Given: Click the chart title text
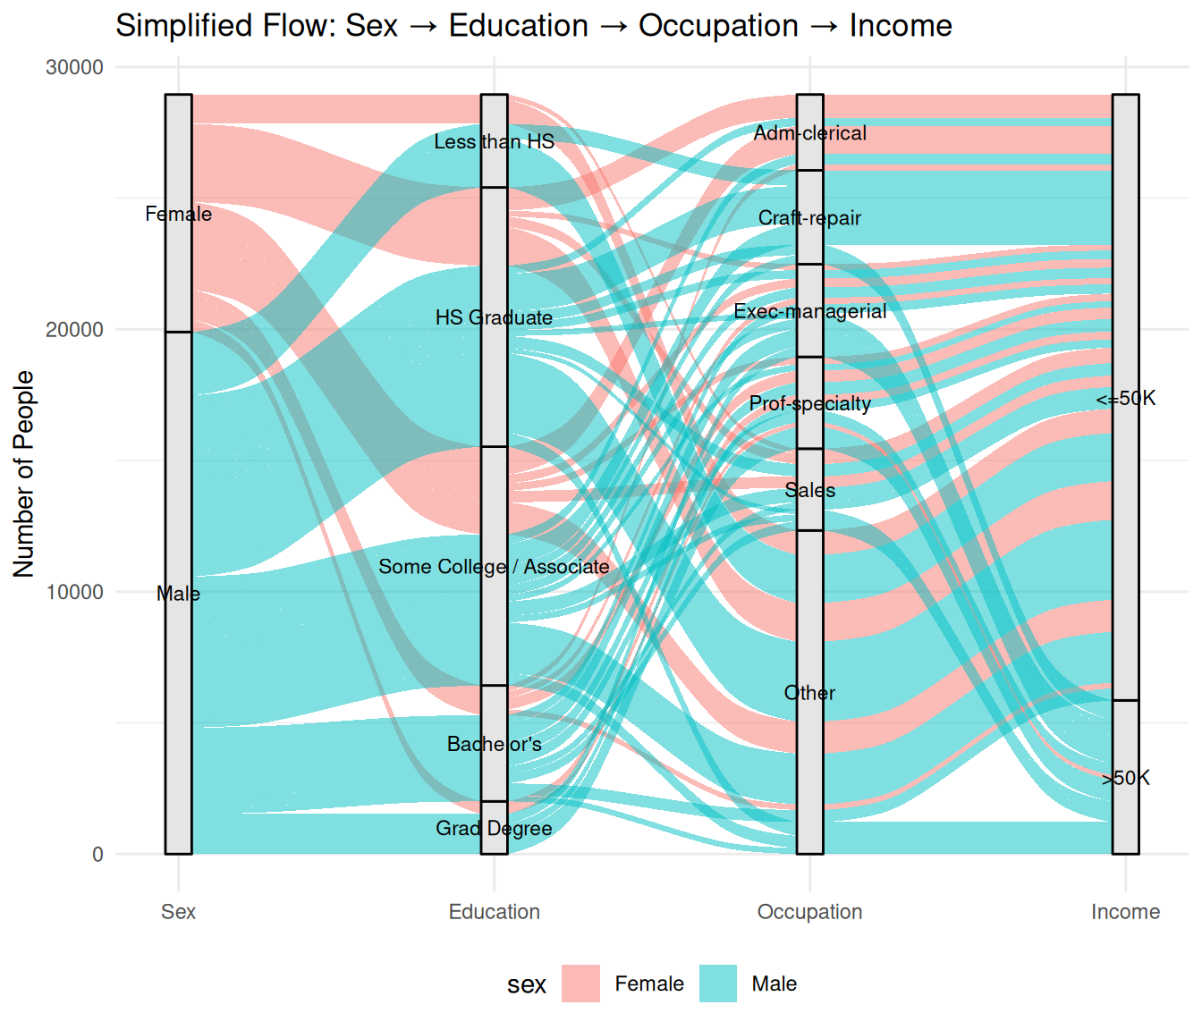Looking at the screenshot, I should pyautogui.click(x=533, y=26).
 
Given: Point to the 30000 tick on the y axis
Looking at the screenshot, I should pyautogui.click(x=75, y=68).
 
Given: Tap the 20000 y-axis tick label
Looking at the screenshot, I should pyautogui.click(x=75, y=330).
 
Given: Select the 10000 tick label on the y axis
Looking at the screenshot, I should pyautogui.click(x=75, y=592).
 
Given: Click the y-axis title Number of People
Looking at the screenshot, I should pyautogui.click(x=24, y=474).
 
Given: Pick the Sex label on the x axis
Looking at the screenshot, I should pyautogui.click(x=178, y=912).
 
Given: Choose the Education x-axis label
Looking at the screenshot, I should pyautogui.click(x=494, y=912).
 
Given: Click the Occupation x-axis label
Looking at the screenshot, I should pyautogui.click(x=809, y=912).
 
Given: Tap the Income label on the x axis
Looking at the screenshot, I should pyautogui.click(x=1125, y=912).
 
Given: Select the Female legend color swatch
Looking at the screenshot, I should pyautogui.click(x=580, y=984).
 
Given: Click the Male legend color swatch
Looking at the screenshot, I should pyautogui.click(x=718, y=984).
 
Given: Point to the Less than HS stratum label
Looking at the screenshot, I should pyautogui.click(x=494, y=141).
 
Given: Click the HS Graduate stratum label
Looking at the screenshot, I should pyautogui.click(x=494, y=317).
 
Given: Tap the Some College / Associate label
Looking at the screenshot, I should pyautogui.click(x=494, y=567).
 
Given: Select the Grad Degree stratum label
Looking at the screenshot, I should pyautogui.click(x=494, y=829).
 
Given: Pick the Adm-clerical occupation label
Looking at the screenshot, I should pyautogui.click(x=809, y=133).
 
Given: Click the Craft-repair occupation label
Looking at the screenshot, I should pyautogui.click(x=809, y=218).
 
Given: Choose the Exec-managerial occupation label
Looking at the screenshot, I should pyautogui.click(x=809, y=311).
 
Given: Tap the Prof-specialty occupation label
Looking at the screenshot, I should pyautogui.click(x=809, y=403).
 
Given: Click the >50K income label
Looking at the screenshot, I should pyautogui.click(x=1126, y=778).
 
